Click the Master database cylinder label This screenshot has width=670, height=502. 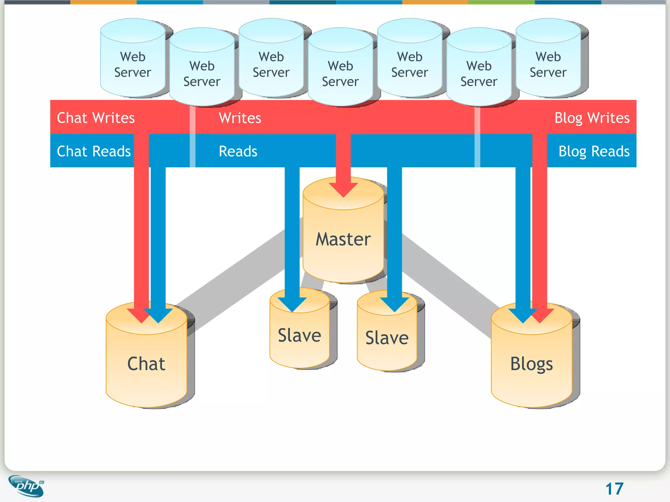[343, 239]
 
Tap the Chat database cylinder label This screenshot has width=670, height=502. [146, 364]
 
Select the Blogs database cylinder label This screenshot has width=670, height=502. [531, 364]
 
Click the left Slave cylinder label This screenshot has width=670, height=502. [299, 335]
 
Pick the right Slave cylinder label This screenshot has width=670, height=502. [387, 338]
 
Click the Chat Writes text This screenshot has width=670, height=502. [96, 118]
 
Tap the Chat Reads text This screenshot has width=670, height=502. [94, 151]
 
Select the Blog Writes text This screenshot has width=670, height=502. [591, 118]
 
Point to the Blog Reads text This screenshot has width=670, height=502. [594, 151]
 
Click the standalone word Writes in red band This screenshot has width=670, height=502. [240, 118]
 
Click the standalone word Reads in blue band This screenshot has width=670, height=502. [238, 151]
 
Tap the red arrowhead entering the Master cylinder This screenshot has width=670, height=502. [343, 190]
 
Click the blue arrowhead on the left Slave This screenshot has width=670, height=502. [292, 304]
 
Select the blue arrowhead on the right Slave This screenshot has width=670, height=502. [394, 304]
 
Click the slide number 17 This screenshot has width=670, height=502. [614, 489]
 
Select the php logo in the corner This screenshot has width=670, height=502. [26, 486]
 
